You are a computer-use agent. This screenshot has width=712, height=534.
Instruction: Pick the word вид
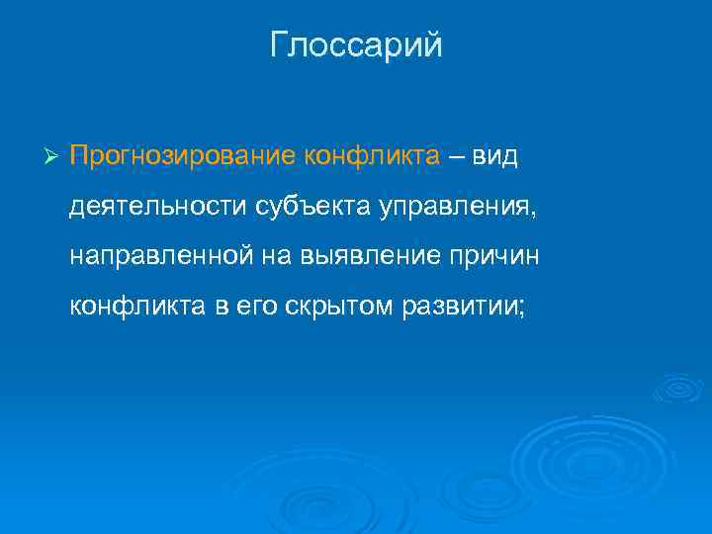(x=494, y=155)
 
